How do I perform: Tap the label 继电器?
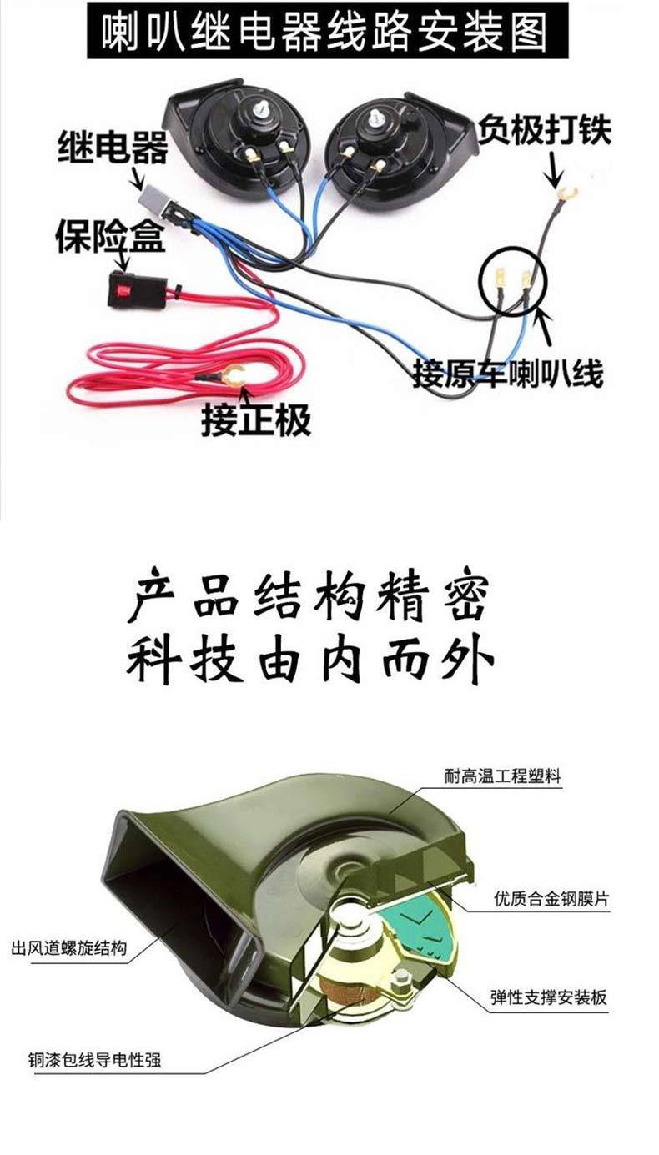coord(112,148)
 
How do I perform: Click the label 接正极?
coord(255,419)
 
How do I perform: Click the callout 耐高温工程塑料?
coord(502,776)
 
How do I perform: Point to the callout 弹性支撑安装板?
coord(549,997)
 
